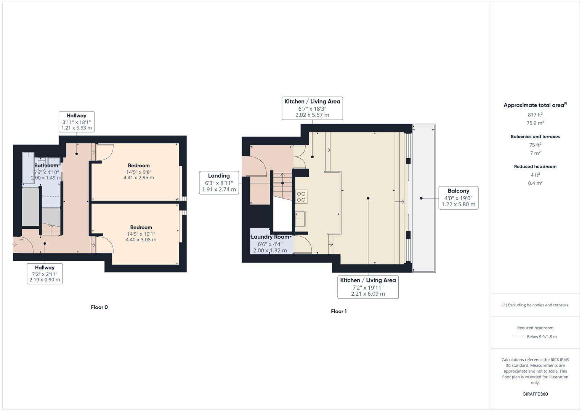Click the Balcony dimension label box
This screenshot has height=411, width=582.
tap(458, 198)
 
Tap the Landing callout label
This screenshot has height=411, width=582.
tap(219, 182)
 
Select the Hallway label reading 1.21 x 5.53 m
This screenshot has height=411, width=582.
tap(77, 122)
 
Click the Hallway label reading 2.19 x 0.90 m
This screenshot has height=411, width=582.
tap(45, 274)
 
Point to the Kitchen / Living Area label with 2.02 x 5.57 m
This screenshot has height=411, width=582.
tap(312, 108)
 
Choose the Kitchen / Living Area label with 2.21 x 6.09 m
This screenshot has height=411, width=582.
tap(368, 287)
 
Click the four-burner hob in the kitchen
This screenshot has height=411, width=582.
tap(301, 196)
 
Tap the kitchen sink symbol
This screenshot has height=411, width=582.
tap(300, 219)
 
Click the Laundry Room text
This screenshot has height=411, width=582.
tap(270, 237)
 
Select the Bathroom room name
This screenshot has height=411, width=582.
tap(46, 166)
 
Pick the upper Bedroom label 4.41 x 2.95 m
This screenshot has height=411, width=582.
tap(139, 171)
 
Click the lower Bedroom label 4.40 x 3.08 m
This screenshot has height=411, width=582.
tap(141, 233)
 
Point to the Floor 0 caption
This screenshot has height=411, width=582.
tap(99, 307)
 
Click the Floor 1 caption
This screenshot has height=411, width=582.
tap(338, 311)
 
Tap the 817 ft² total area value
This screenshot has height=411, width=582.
tap(535, 115)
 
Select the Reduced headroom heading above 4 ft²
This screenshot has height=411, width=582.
tap(535, 166)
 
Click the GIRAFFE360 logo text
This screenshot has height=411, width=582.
tap(535, 394)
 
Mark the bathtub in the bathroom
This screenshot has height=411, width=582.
tap(28, 168)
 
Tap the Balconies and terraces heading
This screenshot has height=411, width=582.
tap(535, 136)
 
